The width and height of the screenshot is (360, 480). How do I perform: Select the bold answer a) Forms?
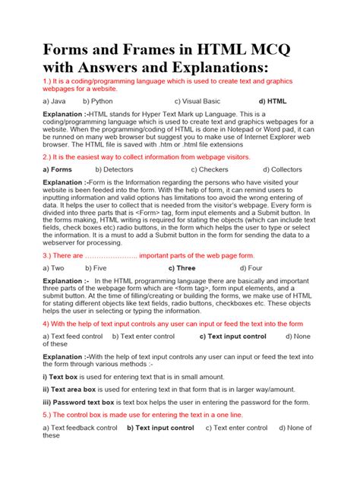(x=58, y=170)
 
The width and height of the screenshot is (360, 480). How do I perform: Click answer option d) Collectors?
(x=283, y=170)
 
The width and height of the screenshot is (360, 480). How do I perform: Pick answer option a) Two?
(x=53, y=268)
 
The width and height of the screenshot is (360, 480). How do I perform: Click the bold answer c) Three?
(x=182, y=268)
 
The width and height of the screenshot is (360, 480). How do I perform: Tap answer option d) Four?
(x=255, y=268)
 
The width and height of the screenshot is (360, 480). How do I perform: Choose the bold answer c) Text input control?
(x=232, y=336)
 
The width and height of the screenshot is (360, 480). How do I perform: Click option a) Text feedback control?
(x=80, y=428)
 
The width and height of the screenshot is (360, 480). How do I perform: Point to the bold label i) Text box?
(x=65, y=377)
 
